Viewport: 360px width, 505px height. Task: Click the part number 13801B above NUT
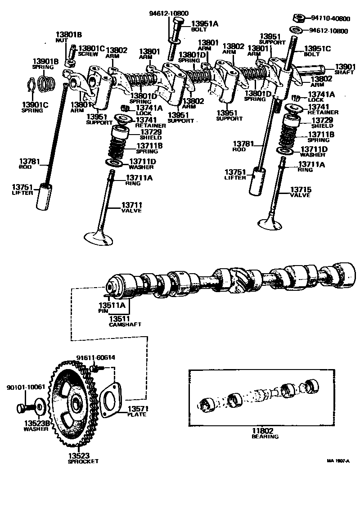coord(69,34)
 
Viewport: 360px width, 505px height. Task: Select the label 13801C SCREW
coord(91,50)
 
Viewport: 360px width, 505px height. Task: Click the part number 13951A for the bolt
coord(205,23)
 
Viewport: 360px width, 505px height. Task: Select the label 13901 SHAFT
coord(345,69)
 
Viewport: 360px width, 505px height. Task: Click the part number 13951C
coord(318,49)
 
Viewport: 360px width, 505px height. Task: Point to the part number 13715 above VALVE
coord(301,189)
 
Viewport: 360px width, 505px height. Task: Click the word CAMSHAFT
coord(126,324)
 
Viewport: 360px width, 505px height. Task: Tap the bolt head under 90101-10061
coord(21,408)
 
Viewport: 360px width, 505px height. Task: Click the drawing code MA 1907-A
coord(338,461)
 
